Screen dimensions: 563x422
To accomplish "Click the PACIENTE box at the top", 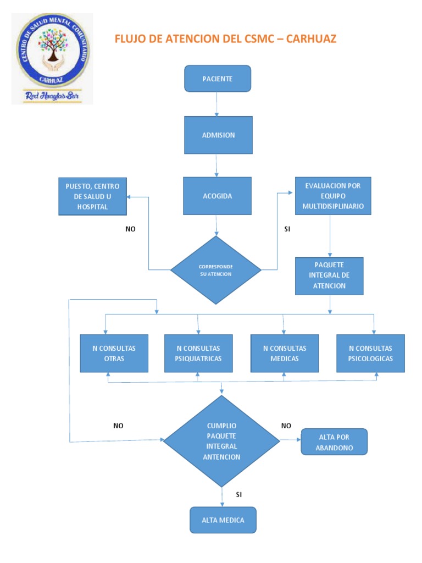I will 218,79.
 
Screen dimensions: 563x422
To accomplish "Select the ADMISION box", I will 218,135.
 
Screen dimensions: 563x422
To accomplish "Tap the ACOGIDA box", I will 218,196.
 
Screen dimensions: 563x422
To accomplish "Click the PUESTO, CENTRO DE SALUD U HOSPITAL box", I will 92,196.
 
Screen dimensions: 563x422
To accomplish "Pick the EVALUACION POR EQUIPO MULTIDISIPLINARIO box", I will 332,196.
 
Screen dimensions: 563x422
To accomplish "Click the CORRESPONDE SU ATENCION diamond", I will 216,270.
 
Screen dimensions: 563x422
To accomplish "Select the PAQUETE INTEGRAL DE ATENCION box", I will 329,275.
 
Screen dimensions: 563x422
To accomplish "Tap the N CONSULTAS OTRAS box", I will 114,353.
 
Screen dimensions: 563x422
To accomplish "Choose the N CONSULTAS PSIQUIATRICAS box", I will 198,353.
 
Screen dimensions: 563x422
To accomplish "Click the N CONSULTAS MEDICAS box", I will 284,353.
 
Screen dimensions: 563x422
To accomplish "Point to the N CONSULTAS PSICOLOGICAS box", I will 370,353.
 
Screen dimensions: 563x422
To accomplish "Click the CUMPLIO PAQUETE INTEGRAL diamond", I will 221,441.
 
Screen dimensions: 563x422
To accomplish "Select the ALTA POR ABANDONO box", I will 334,442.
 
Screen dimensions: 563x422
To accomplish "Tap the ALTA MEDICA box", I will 223,520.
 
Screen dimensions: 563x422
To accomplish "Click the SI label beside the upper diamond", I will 287,229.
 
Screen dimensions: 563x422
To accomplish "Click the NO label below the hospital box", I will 130,229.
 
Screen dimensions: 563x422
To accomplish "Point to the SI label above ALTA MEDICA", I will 238,494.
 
